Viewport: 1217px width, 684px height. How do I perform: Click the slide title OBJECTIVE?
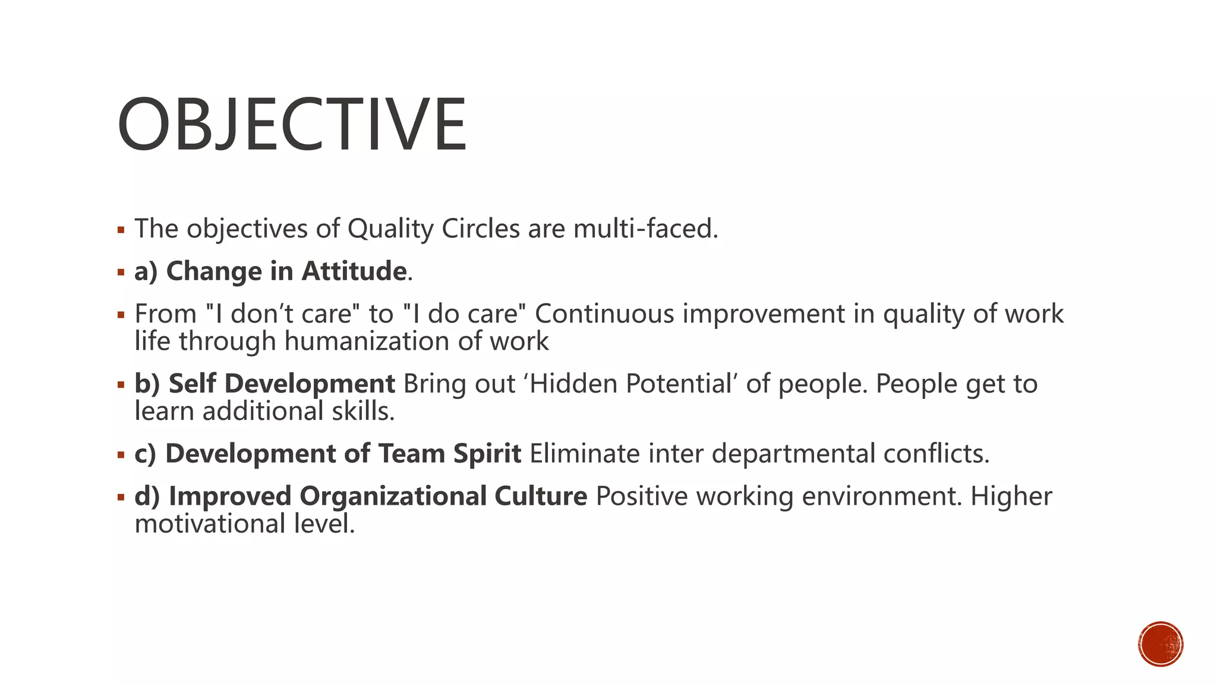click(292, 125)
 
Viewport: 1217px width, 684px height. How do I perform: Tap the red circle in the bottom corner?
click(1161, 644)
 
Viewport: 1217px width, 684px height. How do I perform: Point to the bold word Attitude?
click(354, 271)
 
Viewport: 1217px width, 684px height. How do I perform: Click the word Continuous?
click(604, 314)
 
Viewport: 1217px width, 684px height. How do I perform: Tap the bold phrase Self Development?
click(282, 384)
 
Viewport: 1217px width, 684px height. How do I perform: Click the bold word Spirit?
click(487, 454)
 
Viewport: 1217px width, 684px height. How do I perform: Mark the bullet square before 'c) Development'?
click(121, 455)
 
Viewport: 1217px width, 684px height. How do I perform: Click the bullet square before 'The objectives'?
click(121, 230)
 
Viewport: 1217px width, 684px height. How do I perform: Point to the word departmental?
click(793, 454)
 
